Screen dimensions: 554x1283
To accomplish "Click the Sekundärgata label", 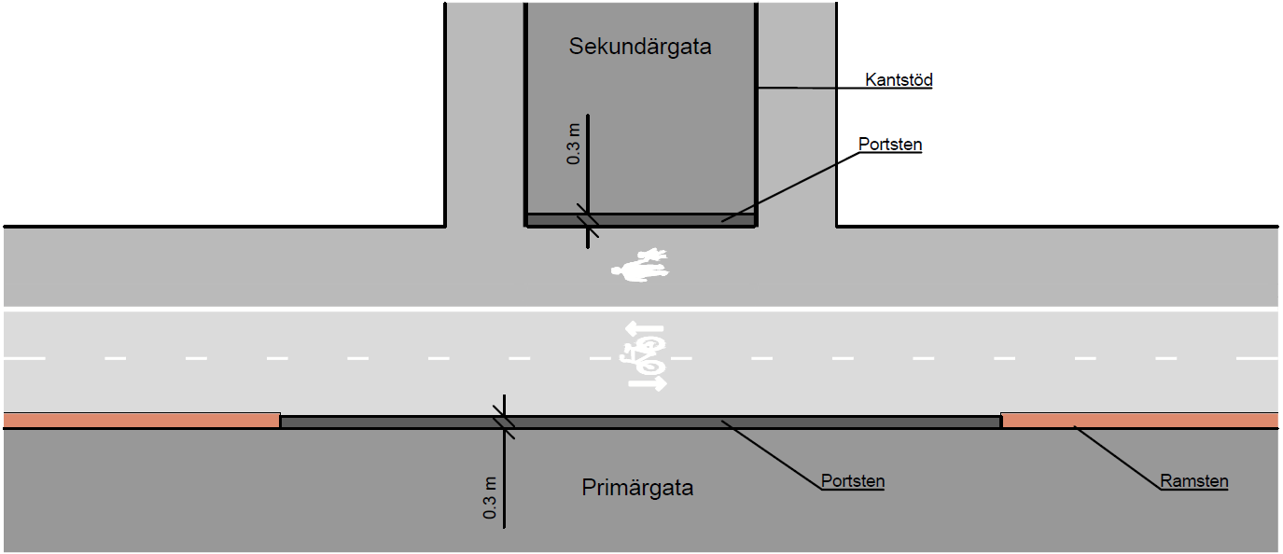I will (639, 47).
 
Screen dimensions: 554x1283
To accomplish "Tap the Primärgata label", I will (637, 488).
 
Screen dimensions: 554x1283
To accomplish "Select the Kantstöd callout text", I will (899, 80).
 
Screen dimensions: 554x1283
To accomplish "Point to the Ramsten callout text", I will (1193, 482).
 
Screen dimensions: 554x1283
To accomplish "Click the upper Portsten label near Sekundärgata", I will (889, 145).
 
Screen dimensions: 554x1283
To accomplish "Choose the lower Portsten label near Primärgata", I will (852, 482).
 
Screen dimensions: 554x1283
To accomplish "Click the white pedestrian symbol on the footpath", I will (641, 266).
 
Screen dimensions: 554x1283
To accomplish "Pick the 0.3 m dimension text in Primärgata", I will (490, 497).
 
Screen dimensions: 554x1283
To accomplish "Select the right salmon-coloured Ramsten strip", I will (1138, 421).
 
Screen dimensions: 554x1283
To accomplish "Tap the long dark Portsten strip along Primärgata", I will (640, 422).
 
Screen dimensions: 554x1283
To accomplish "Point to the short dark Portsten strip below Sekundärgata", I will (640, 220).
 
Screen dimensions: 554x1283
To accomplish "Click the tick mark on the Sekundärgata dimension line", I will (587, 220).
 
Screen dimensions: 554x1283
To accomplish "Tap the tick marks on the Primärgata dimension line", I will (504, 421).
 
